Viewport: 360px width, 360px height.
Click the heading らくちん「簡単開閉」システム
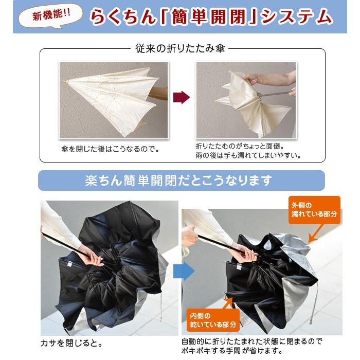[x=211, y=17]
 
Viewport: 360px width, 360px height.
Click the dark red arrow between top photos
[x=182, y=97]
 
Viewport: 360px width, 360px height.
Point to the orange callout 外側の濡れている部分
[x=314, y=209]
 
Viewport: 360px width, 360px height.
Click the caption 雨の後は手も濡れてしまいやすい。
[x=248, y=155]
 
